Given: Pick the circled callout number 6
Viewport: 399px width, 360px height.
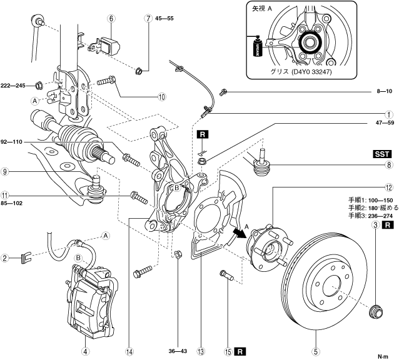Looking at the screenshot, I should click(x=111, y=18).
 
